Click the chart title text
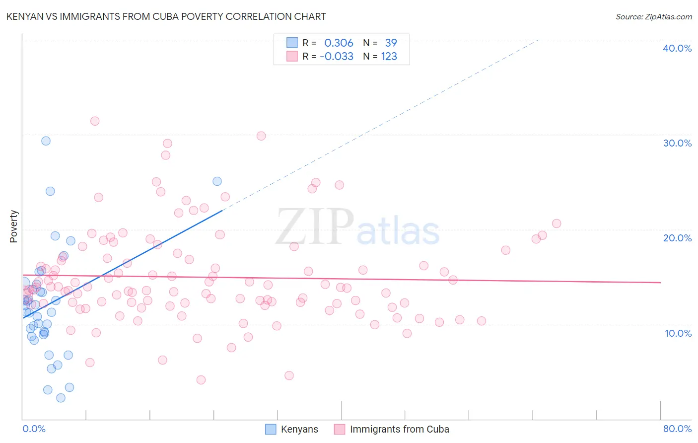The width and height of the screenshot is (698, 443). [166, 16]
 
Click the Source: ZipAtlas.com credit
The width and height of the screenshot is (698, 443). [653, 16]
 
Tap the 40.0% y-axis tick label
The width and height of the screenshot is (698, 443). [677, 48]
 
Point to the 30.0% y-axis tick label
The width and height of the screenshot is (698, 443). [677, 143]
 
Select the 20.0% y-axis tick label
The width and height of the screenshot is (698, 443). [677, 238]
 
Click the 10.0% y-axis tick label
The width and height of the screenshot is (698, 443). [678, 333]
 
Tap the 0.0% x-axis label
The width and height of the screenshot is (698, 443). [34, 429]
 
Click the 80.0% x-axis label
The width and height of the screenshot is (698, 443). [677, 429]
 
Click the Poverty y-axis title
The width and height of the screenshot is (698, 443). [13, 226]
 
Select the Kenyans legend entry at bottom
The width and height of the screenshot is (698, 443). [299, 429]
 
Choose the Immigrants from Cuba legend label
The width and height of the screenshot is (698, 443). [399, 429]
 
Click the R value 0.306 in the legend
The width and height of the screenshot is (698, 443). [339, 43]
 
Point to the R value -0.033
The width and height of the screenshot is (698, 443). [336, 56]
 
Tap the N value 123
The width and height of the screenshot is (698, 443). [389, 56]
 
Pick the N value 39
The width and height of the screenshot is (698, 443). [391, 43]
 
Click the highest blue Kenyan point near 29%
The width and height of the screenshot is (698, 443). [46, 141]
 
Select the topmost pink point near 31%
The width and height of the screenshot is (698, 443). [95, 121]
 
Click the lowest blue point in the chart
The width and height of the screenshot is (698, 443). [61, 398]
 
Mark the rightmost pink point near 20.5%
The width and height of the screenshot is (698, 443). [557, 223]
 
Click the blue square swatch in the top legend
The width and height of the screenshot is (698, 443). [292, 43]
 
